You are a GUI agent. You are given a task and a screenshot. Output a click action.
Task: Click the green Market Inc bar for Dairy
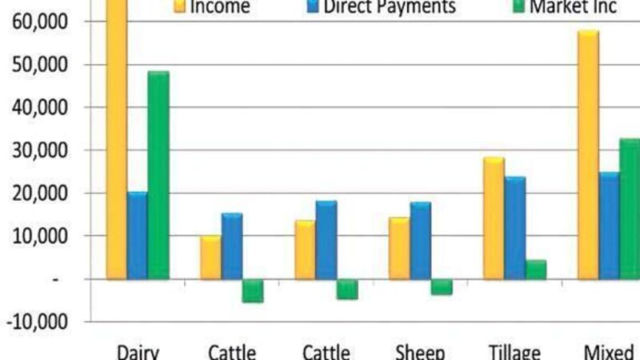click(x=158, y=175)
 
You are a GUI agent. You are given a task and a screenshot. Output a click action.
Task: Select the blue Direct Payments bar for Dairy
click(x=138, y=235)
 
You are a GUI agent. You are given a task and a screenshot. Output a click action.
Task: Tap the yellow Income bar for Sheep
click(x=399, y=248)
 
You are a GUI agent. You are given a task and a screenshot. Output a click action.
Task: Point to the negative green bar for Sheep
click(x=442, y=286)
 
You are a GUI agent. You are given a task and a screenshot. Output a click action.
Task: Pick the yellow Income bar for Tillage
click(x=494, y=218)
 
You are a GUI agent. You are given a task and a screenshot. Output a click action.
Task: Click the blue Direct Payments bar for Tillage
click(x=514, y=228)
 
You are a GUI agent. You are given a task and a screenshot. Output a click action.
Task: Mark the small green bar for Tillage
click(x=535, y=270)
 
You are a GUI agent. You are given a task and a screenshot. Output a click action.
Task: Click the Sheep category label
click(x=420, y=351)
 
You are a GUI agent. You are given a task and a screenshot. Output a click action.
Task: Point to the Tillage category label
click(x=514, y=351)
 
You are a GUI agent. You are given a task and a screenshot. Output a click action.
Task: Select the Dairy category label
click(x=138, y=351)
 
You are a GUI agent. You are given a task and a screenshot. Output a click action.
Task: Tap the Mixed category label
click(x=612, y=351)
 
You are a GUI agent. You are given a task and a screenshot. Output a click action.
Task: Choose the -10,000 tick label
click(x=39, y=322)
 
